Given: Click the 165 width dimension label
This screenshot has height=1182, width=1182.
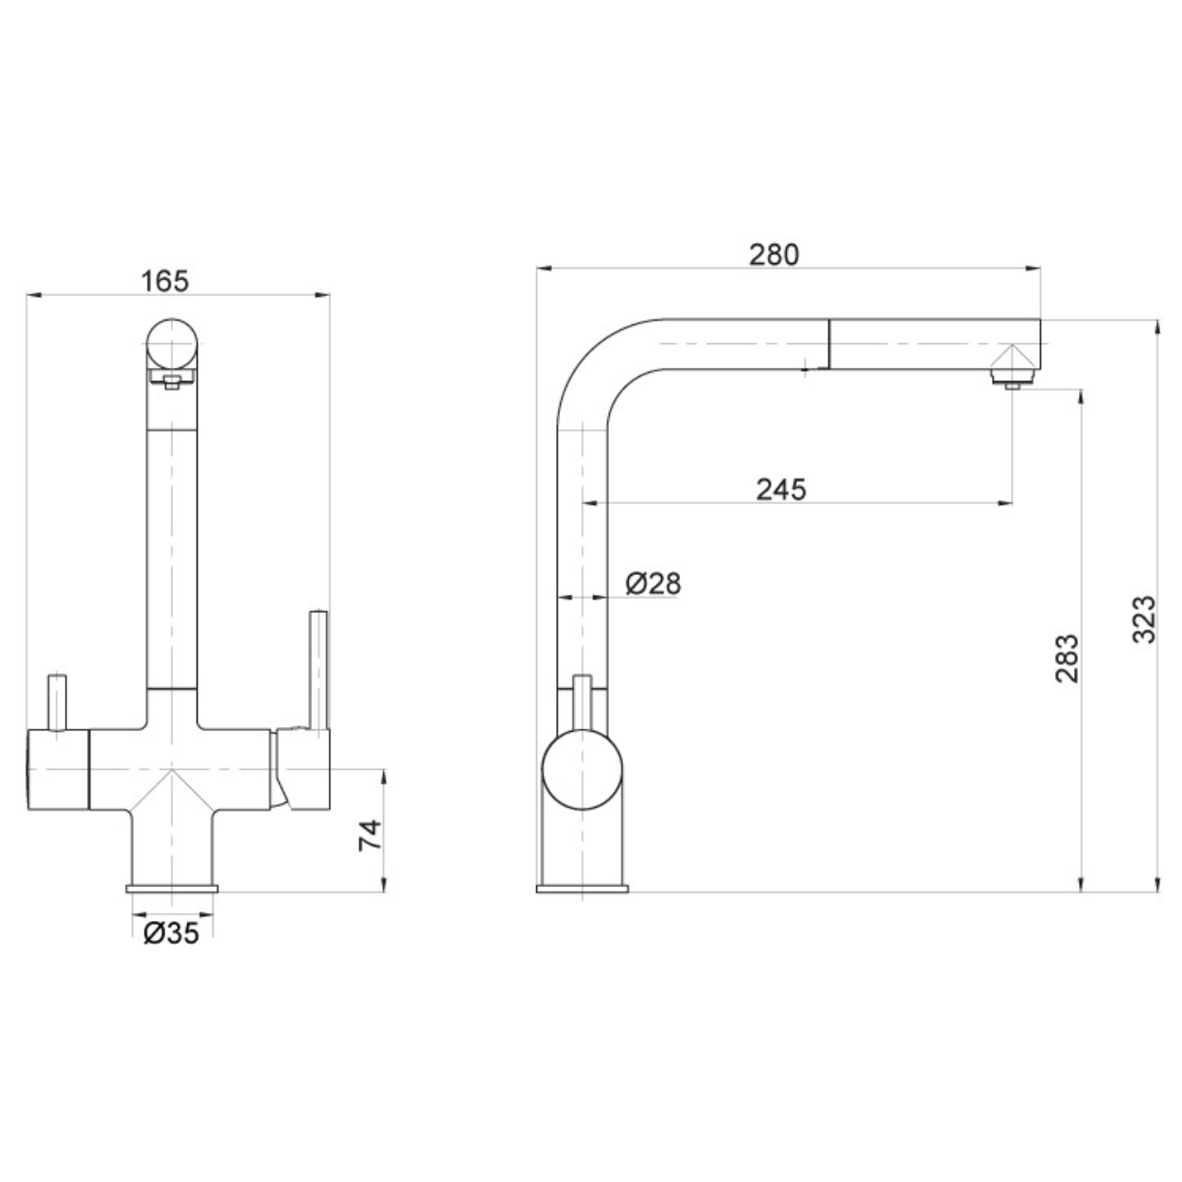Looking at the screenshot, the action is click(165, 282).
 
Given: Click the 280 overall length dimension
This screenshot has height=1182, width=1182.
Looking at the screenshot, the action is click(774, 254).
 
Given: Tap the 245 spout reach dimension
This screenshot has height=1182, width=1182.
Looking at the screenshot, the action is click(781, 490).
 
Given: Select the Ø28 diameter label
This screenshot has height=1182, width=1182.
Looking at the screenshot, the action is click(653, 583).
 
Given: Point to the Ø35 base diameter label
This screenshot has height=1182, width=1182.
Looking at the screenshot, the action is click(171, 933).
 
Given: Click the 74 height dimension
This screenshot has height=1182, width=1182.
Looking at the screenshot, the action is click(370, 835).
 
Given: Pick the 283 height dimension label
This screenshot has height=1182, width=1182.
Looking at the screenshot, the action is click(1067, 658).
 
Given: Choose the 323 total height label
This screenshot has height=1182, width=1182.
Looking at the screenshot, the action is click(1143, 619).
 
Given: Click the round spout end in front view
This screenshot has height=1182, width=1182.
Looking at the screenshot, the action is click(172, 344).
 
